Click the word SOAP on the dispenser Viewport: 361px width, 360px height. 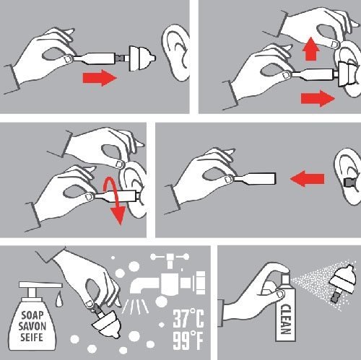pyautogui.click(x=32, y=315)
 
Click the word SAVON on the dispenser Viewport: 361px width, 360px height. pyautogui.click(x=32, y=326)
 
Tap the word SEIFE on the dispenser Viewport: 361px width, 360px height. pyautogui.click(x=32, y=337)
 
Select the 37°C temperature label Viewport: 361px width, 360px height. pyautogui.click(x=188, y=318)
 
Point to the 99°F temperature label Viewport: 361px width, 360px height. pyautogui.click(x=188, y=341)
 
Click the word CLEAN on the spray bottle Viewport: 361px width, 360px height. pyautogui.click(x=285, y=319)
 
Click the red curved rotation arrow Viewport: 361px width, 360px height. pyautogui.click(x=113, y=200)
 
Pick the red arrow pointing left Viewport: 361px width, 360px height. pyautogui.click(x=308, y=179)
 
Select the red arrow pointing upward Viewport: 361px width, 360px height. pyautogui.click(x=311, y=49)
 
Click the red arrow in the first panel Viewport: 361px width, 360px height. pyautogui.click(x=100, y=78)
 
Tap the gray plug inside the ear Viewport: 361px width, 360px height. pyautogui.click(x=348, y=183)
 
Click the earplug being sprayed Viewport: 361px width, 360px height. pyautogui.click(x=342, y=283)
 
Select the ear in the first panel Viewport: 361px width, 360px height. pyautogui.click(x=175, y=52)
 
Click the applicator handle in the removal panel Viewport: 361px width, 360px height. pyautogui.click(x=255, y=179)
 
